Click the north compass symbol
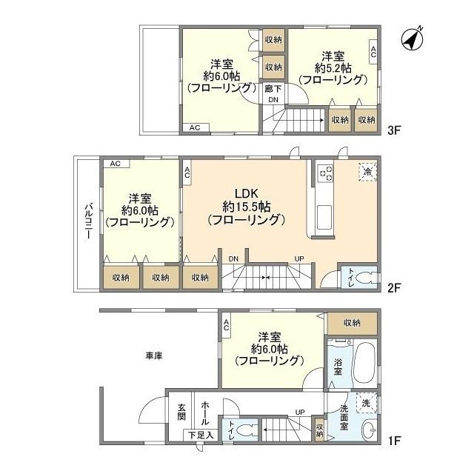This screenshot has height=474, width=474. (x=412, y=39)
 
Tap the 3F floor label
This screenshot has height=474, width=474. (x=394, y=130)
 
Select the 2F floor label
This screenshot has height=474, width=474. (x=394, y=287)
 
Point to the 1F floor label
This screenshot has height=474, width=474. (x=394, y=441)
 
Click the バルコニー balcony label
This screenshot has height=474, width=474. (x=89, y=221)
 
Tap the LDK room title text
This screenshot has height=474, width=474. (x=247, y=193)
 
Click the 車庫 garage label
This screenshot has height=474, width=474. (x=154, y=355)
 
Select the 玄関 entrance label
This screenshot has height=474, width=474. (x=181, y=412)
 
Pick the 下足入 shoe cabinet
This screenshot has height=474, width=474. (x=201, y=435)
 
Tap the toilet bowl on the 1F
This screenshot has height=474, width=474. (x=246, y=430)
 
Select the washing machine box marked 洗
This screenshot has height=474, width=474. (x=367, y=403)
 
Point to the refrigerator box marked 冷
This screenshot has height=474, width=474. (x=367, y=172)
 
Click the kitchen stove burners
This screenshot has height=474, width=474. (x=326, y=173)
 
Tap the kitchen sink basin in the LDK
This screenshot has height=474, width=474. (x=324, y=217)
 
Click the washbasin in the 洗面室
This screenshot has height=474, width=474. (x=369, y=429)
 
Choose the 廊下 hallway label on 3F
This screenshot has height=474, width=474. (x=273, y=89)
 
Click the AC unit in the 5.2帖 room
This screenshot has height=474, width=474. (x=373, y=52)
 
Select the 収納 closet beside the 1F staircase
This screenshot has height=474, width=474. (x=319, y=430)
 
